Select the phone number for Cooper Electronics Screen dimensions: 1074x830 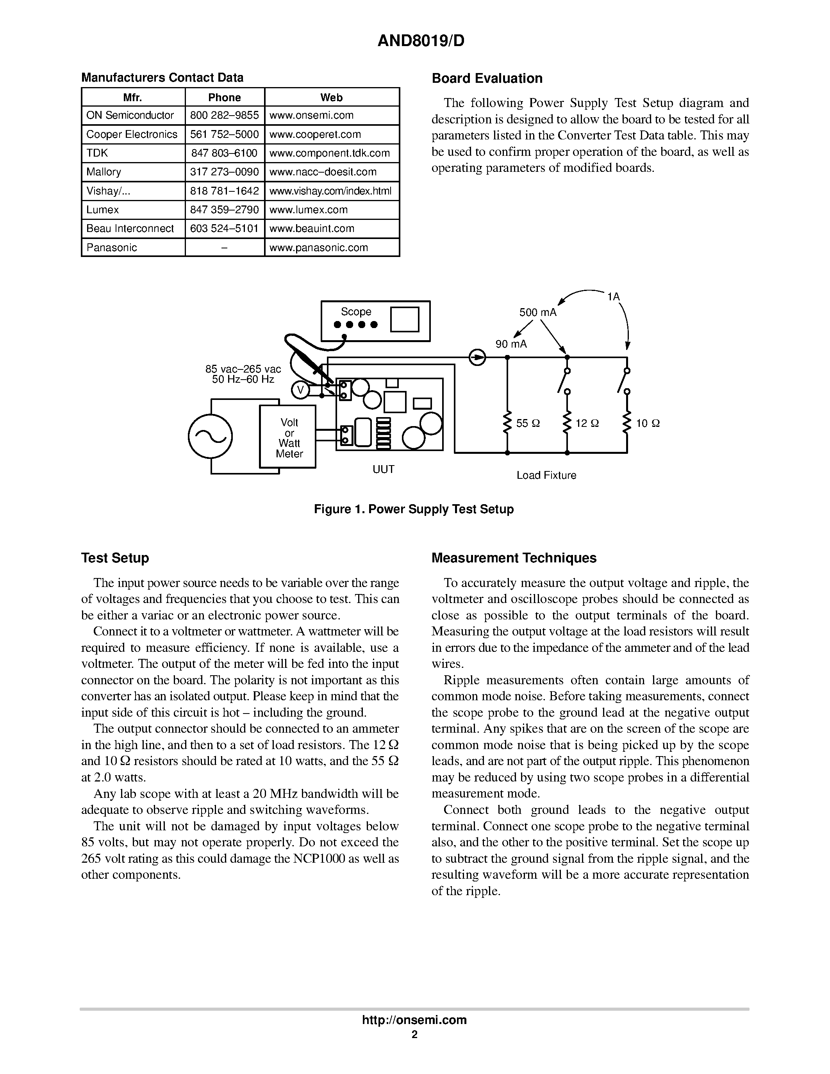pyautogui.click(x=224, y=134)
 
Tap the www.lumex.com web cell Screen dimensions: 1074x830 pyautogui.click(x=308, y=209)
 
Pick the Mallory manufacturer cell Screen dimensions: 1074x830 pyautogui.click(x=104, y=171)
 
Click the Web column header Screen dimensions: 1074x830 pyautogui.click(x=331, y=97)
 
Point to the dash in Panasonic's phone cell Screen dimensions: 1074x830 pyautogui.click(x=224, y=247)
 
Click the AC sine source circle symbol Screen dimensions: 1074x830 pyautogui.click(x=210, y=436)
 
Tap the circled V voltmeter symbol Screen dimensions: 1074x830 pyautogui.click(x=300, y=391)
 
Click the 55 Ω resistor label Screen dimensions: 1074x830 pyautogui.click(x=528, y=423)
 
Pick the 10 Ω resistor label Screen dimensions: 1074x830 pyautogui.click(x=648, y=423)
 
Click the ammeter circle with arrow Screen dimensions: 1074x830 pyautogui.click(x=477, y=357)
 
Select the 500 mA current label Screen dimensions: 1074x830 pyautogui.click(x=538, y=313)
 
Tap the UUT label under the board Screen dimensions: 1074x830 pyautogui.click(x=383, y=469)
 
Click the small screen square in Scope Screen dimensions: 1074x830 pyautogui.click(x=404, y=319)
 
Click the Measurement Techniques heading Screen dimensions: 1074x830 pyautogui.click(x=514, y=558)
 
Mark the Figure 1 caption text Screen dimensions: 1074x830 pyautogui.click(x=414, y=509)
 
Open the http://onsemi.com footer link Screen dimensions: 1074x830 pyautogui.click(x=414, y=1020)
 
